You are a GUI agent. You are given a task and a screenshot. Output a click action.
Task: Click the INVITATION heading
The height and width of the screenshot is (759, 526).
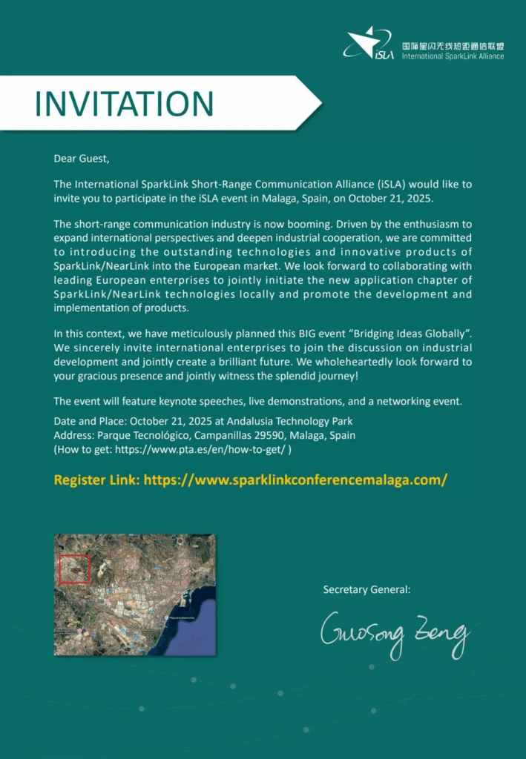(x=124, y=104)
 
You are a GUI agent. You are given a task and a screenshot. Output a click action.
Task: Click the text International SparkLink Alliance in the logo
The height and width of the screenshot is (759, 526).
(x=453, y=56)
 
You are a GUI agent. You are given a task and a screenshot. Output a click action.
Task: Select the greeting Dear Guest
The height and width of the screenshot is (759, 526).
(x=81, y=158)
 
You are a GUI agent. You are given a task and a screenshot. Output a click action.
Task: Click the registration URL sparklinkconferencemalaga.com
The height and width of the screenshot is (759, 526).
(x=295, y=480)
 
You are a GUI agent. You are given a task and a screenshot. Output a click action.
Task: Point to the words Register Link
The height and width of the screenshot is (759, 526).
(x=96, y=480)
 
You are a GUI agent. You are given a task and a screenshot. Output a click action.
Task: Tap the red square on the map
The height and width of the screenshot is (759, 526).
(x=74, y=569)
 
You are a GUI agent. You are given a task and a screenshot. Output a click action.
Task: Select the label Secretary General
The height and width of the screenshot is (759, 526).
(x=366, y=590)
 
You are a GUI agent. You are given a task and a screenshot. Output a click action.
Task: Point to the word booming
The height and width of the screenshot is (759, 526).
(x=316, y=224)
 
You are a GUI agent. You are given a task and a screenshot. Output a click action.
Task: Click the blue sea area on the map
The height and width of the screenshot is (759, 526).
(x=193, y=630)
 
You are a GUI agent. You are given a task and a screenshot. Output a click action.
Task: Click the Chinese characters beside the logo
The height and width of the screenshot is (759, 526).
(x=453, y=45)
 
